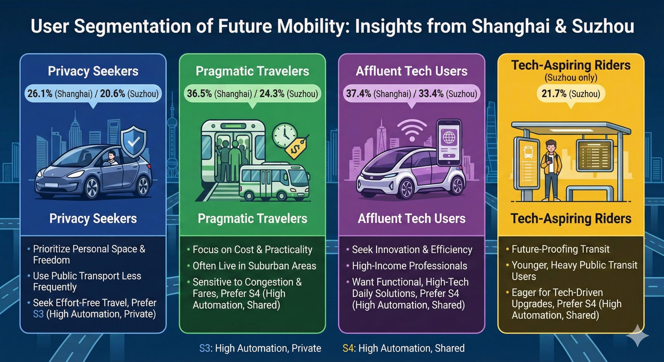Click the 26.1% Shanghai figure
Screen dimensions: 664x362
click(x=40, y=94)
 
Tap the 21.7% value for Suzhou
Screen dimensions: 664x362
click(x=554, y=94)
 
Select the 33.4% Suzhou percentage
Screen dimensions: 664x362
click(x=431, y=94)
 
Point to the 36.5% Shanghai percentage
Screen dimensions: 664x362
click(x=199, y=94)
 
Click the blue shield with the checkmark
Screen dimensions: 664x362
click(x=134, y=142)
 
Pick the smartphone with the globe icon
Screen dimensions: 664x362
click(x=449, y=143)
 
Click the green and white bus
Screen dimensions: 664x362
click(x=274, y=181)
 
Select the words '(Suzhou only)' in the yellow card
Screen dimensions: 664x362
click(x=571, y=78)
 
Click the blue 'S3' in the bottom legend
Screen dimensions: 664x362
click(x=205, y=348)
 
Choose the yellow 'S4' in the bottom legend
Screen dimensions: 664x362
click(x=348, y=348)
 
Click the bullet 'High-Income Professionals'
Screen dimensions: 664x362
click(x=410, y=266)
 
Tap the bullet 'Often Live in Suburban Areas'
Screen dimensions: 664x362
click(x=254, y=266)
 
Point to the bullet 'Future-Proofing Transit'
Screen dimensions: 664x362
click(x=561, y=249)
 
